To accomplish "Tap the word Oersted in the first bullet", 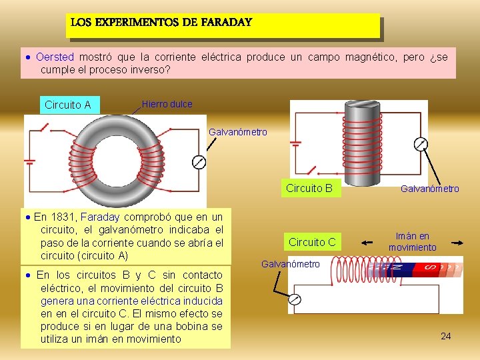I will [55, 57].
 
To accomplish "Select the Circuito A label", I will [67, 105].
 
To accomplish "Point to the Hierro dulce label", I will [167, 104].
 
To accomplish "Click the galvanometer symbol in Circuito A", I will [197, 162].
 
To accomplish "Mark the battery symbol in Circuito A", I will [30, 162].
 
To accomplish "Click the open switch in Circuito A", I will [44, 127].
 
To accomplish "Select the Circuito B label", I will [309, 188].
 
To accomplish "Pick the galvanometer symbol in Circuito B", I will [420, 144].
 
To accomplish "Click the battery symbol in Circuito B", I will [296, 143].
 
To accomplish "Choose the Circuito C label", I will [312, 242].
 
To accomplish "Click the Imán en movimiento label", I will [412, 242].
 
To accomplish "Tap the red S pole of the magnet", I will [427, 269].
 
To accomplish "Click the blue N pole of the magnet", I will [398, 269].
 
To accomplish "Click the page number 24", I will [445, 336].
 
